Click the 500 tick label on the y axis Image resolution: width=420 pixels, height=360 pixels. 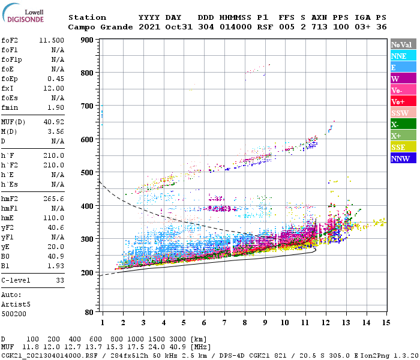(x=87, y=173)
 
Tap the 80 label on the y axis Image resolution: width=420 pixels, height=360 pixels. (x=89, y=312)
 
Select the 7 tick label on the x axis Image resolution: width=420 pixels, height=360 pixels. (x=224, y=322)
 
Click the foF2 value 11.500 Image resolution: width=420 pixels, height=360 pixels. (x=52, y=40)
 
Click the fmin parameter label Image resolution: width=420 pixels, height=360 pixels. (x=10, y=107)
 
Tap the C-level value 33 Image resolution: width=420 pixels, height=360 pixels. (x=60, y=280)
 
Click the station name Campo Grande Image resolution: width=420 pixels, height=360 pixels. (x=98, y=27)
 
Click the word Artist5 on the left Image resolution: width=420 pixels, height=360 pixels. (x=16, y=304)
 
